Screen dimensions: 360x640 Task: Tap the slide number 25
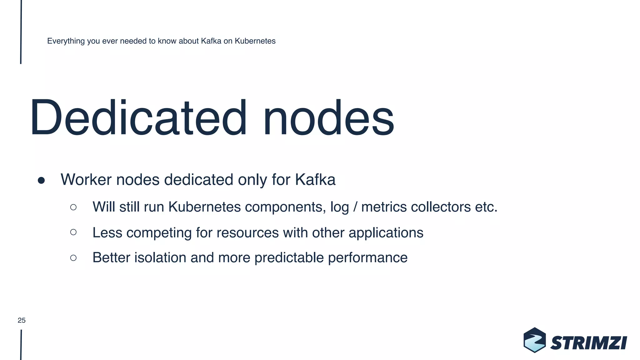pos(22,320)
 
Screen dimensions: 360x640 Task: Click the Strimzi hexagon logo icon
pos(534,340)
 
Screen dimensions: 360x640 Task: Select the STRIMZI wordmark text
pos(589,343)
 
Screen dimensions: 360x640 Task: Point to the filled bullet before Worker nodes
pos(41,181)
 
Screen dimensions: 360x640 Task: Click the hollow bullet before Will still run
pos(73,207)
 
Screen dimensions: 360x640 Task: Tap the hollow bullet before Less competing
pos(73,232)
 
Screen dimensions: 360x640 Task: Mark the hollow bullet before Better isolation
pos(73,258)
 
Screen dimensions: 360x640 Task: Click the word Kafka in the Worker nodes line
pos(315,180)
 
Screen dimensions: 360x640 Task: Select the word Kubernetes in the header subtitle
pos(255,41)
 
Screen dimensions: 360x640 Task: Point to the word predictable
pos(289,258)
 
